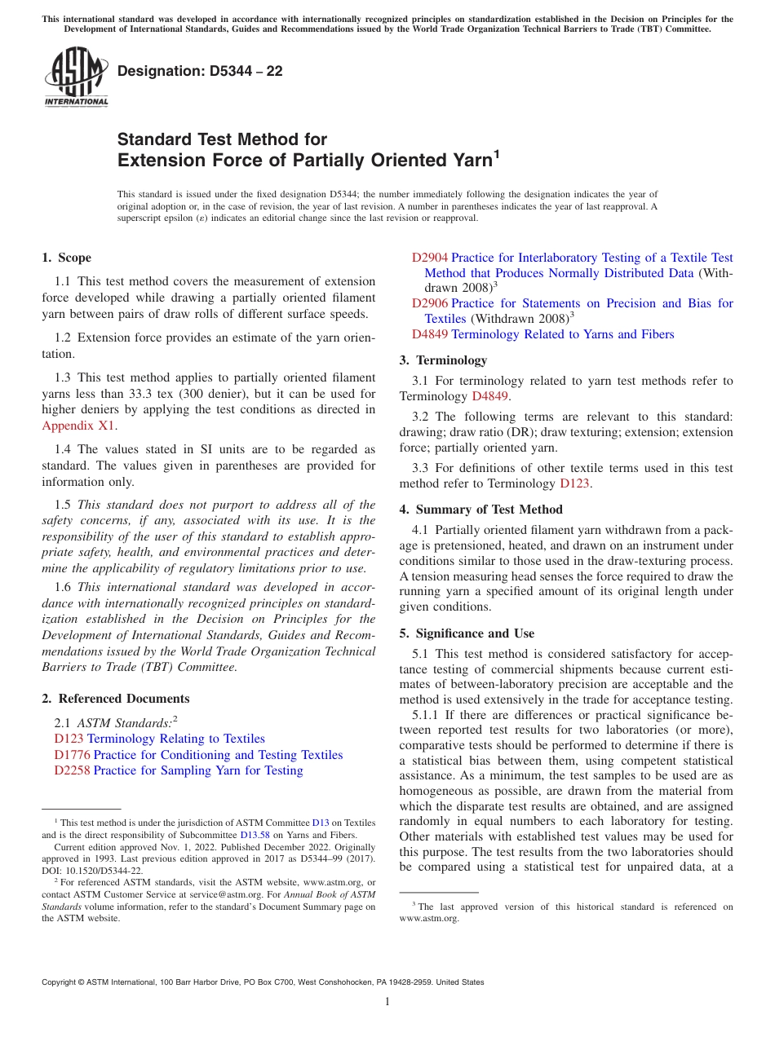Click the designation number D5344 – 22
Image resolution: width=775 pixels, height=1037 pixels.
[200, 71]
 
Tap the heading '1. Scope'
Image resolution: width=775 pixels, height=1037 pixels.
[66, 258]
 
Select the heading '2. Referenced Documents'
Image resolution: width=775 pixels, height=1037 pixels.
[115, 699]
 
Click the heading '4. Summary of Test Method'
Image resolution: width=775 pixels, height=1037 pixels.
[480, 510]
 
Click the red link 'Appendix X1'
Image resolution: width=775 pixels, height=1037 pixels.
[78, 426]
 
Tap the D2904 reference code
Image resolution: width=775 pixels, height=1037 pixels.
[429, 258]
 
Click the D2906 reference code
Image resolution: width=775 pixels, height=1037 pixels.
[429, 303]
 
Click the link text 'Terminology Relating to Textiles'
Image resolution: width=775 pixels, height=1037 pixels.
[175, 739]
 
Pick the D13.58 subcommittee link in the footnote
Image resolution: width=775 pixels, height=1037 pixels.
[252, 835]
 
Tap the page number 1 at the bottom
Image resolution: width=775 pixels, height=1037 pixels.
[387, 1002]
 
